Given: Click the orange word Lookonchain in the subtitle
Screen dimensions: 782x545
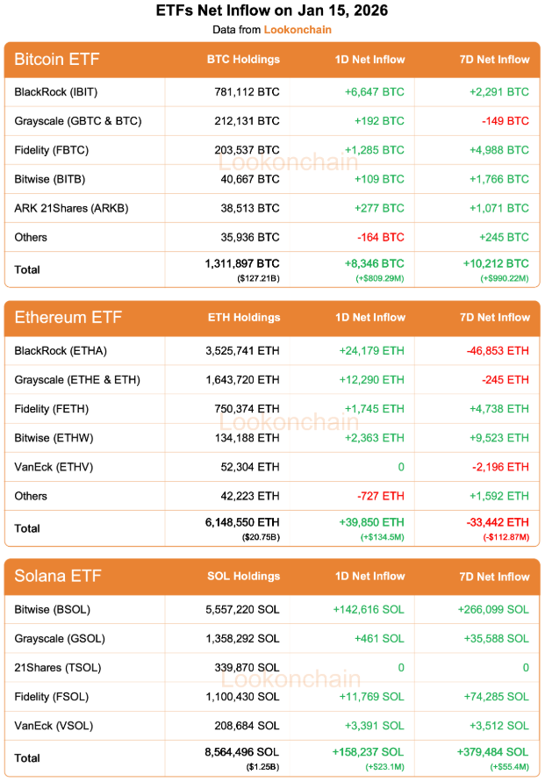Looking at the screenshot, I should (x=298, y=29).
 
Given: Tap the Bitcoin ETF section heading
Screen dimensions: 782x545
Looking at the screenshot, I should (x=57, y=60).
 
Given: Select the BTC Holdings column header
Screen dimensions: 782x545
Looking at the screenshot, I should (x=243, y=60).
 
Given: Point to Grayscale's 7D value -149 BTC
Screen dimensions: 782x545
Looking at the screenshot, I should (x=505, y=120).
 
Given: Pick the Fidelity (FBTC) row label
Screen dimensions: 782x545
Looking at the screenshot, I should (x=52, y=149).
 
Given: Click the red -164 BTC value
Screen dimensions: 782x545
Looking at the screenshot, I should (x=380, y=237).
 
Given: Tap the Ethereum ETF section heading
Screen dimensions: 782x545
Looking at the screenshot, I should (x=68, y=318).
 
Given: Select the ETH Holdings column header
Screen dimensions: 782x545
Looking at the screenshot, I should (x=243, y=318).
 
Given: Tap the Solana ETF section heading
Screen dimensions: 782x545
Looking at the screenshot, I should (x=58, y=577).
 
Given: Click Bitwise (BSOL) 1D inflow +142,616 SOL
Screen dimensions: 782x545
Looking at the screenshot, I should (x=369, y=609).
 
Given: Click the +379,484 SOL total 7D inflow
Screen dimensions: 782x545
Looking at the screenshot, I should (x=492, y=752).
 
